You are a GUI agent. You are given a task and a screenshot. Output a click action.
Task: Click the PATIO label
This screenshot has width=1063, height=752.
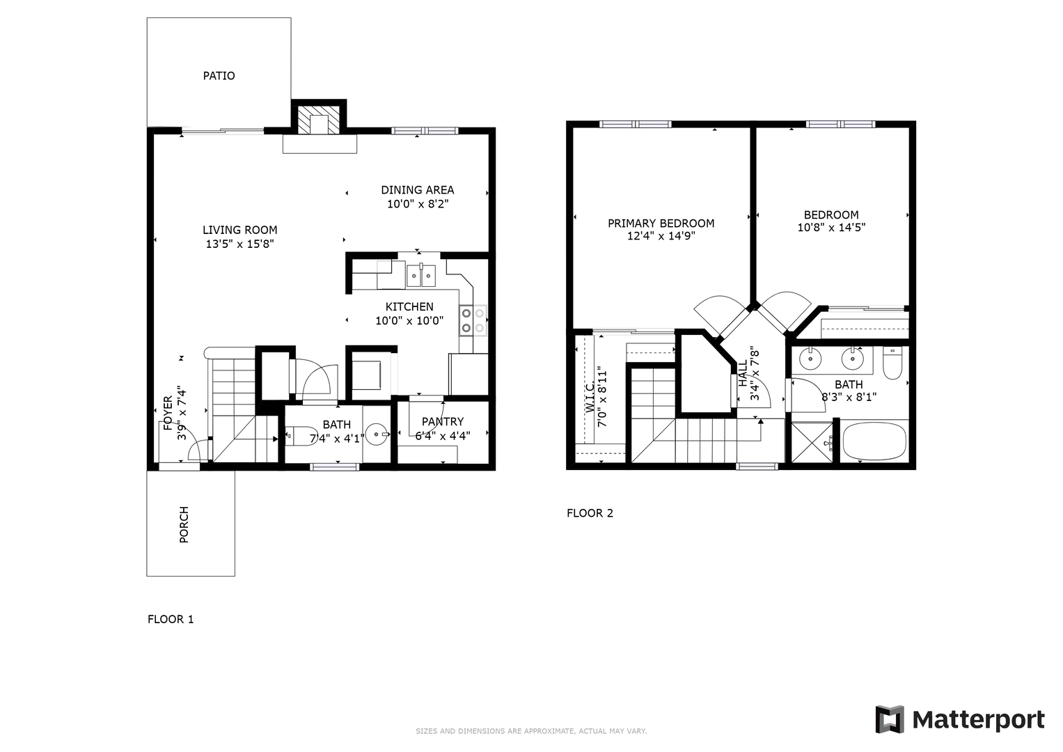(219, 75)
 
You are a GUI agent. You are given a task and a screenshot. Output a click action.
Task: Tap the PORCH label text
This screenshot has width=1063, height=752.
(184, 524)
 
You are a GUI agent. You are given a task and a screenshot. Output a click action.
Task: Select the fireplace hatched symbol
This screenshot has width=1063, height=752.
(319, 119)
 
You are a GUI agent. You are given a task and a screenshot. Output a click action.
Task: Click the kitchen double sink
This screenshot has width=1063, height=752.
(421, 275)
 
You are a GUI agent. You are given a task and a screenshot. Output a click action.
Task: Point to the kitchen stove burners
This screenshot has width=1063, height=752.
(473, 320)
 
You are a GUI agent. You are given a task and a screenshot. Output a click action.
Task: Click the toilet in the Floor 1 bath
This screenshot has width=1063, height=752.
(294, 436)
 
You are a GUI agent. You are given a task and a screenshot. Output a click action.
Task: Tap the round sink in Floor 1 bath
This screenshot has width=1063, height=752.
(377, 434)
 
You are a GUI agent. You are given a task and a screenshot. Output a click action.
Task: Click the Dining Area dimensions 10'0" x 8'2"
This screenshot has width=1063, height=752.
(418, 203)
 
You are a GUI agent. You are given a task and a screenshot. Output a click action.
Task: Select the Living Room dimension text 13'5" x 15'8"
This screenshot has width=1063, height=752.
(239, 244)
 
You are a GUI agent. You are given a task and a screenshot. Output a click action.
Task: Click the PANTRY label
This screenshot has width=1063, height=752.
(443, 421)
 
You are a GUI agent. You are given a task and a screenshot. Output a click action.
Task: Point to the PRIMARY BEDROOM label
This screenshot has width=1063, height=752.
(661, 223)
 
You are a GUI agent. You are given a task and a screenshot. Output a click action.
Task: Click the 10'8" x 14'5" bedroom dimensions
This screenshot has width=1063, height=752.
(831, 228)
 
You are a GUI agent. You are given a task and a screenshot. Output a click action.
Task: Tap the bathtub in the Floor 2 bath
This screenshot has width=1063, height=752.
(874, 441)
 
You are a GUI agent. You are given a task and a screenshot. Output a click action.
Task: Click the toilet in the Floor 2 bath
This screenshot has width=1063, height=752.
(893, 363)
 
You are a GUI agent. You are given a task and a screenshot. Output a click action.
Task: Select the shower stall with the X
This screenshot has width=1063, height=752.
(812, 442)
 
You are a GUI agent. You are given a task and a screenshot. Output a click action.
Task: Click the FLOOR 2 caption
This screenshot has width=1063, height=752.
(590, 513)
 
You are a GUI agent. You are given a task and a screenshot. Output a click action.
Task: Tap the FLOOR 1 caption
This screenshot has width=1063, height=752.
(171, 619)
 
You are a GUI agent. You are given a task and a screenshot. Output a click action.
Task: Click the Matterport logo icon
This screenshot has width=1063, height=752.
(889, 719)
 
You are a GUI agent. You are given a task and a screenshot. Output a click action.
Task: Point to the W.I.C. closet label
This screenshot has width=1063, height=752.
(590, 398)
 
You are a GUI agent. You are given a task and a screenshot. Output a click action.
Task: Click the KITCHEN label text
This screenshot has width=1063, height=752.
(409, 306)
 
